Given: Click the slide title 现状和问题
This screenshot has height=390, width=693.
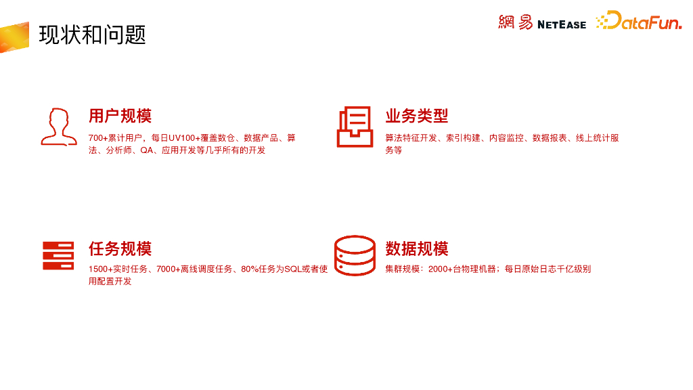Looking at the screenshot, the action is pyautogui.click(x=92, y=35).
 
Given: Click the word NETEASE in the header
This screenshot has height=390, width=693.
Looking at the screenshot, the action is pyautogui.click(x=562, y=24).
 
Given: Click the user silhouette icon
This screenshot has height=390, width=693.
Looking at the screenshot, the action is pyautogui.click(x=58, y=127).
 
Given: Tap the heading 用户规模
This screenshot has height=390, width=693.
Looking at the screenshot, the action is pyautogui.click(x=120, y=116).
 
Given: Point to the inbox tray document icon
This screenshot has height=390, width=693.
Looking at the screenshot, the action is pyautogui.click(x=354, y=127).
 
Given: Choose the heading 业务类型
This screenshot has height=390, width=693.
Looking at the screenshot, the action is pyautogui.click(x=417, y=116).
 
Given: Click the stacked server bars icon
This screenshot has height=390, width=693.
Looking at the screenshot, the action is pyautogui.click(x=58, y=255).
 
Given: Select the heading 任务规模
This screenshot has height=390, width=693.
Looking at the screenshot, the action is pyautogui.click(x=120, y=248).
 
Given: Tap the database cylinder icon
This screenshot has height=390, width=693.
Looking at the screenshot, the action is pyautogui.click(x=355, y=255).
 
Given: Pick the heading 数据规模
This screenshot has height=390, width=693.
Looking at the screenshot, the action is pyautogui.click(x=417, y=248).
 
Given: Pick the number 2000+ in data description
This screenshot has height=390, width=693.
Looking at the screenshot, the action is pyautogui.click(x=441, y=269).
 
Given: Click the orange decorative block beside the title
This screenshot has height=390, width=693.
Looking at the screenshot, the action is pyautogui.click(x=14, y=37).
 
